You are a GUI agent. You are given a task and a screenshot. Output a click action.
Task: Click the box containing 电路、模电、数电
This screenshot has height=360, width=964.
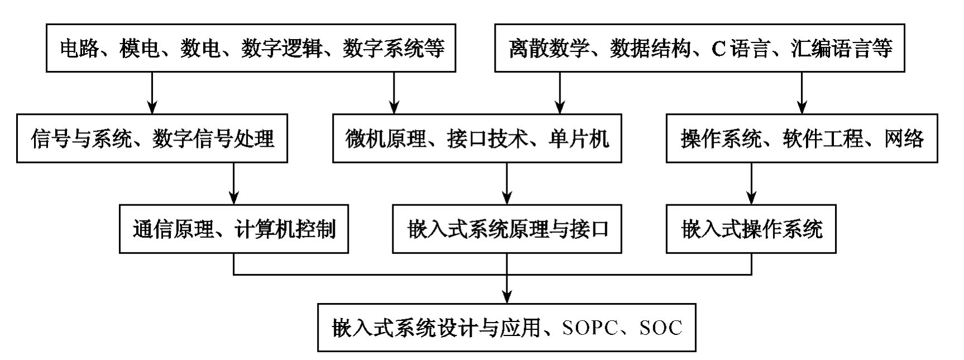click(251, 48)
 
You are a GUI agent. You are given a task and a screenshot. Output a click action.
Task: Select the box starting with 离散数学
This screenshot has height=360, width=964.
click(699, 48)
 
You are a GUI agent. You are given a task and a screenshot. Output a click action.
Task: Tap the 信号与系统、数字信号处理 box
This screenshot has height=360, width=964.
click(152, 138)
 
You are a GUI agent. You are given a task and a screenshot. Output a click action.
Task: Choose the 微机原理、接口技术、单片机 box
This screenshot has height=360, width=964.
click(477, 138)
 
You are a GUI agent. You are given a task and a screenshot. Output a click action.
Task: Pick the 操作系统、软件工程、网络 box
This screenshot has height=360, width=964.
click(802, 138)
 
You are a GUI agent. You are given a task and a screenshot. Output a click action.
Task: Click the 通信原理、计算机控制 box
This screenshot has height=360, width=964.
click(234, 229)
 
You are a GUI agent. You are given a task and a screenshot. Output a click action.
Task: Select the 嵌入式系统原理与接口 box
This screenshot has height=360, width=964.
click(507, 229)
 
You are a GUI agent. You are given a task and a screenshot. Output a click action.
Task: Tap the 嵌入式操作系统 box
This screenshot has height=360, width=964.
click(751, 229)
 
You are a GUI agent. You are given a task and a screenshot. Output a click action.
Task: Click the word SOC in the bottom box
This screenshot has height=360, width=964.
click(661, 328)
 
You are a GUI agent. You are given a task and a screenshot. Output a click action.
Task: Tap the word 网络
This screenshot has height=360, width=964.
click(904, 138)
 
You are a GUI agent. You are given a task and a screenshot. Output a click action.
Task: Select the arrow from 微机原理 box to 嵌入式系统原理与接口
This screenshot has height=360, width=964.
click(507, 184)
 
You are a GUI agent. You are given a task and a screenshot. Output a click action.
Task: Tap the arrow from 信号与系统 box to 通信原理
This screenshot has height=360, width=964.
click(234, 184)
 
